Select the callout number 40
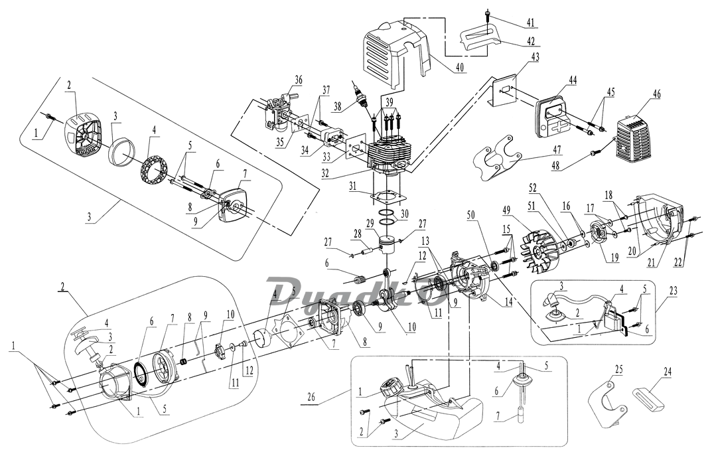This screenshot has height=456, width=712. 460,68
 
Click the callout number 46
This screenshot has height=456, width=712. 657,94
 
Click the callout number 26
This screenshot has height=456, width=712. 311,394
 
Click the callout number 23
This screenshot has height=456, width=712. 673,291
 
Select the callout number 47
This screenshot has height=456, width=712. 557,149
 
